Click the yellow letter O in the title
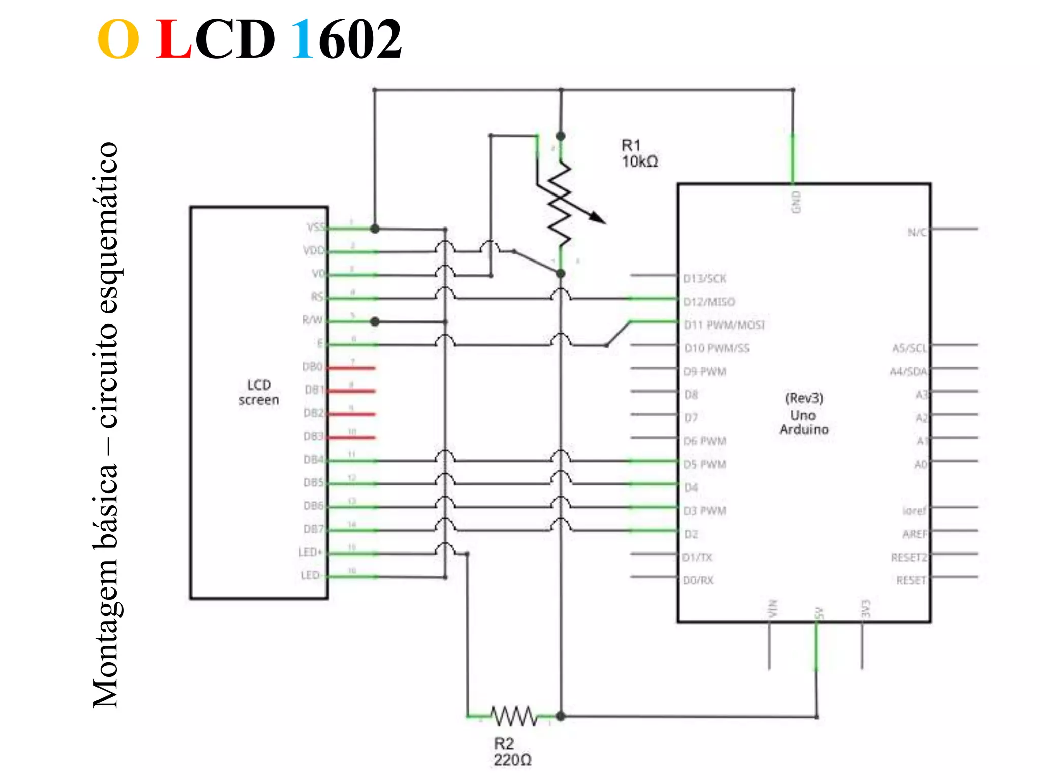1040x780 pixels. click(118, 40)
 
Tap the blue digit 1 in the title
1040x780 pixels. click(303, 40)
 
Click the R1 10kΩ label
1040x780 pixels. click(639, 153)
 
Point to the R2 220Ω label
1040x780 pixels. click(512, 752)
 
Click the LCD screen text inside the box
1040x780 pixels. click(259, 392)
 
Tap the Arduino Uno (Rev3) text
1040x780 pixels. click(804, 413)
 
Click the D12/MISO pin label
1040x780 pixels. click(709, 302)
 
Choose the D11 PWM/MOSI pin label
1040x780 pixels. click(724, 325)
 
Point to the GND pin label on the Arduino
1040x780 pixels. click(796, 202)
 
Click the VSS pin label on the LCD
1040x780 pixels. click(315, 227)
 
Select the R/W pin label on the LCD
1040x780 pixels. click(312, 320)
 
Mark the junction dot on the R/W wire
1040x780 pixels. click(375, 321)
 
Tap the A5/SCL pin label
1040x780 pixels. click(909, 348)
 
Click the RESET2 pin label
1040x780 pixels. click(908, 558)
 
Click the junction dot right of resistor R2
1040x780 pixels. click(561, 717)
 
